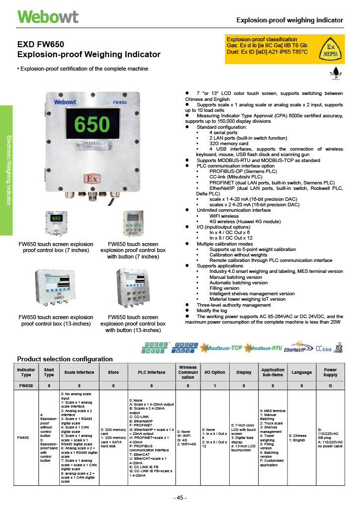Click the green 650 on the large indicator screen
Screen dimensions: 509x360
[x=92, y=124]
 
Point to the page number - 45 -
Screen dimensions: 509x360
[x=180, y=498]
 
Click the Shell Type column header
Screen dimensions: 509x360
[x=49, y=372]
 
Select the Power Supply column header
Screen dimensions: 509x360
[x=330, y=372]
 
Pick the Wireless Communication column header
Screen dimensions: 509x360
[x=187, y=372]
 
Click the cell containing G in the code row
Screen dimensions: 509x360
[x=330, y=385]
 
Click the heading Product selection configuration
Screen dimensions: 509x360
[x=65, y=359]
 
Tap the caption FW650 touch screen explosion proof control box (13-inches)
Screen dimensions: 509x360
[x=56, y=320]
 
